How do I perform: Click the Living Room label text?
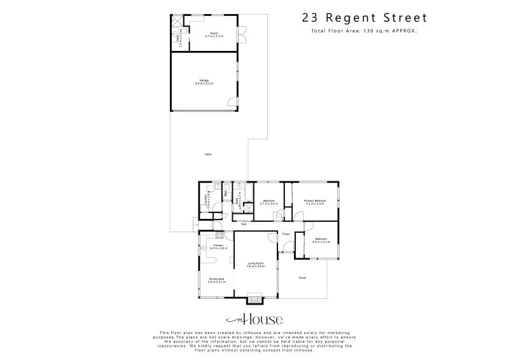coord(255,264)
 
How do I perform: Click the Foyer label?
coord(286,234)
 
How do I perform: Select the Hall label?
coord(243,224)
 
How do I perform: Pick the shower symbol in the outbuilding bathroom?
coord(176,20)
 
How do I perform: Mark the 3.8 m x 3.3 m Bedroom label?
coord(320,240)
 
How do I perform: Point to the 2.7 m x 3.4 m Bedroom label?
coord(269,202)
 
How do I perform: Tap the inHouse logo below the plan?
coord(254,319)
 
